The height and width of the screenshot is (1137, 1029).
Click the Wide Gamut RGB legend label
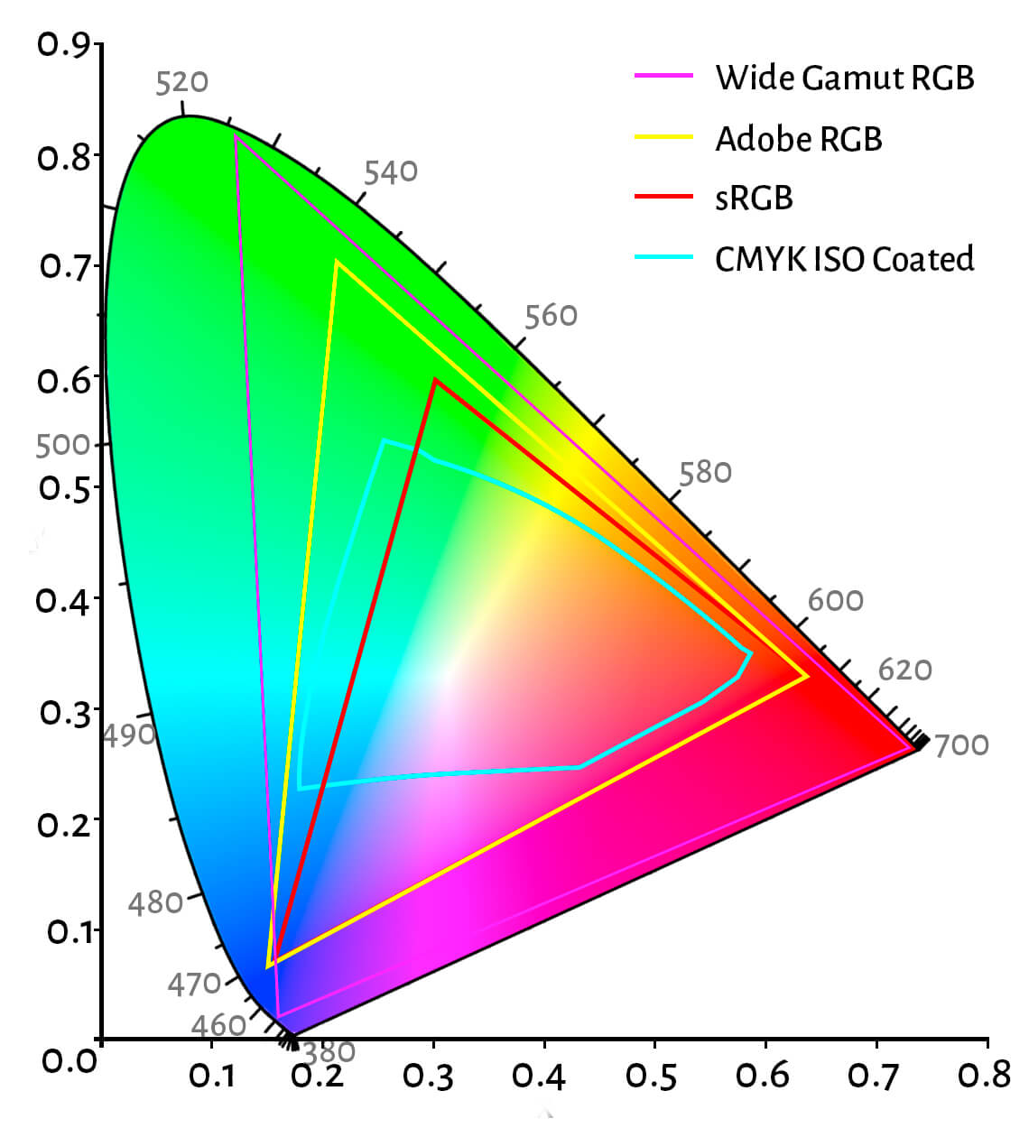[844, 78]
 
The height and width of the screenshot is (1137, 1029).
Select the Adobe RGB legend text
[798, 139]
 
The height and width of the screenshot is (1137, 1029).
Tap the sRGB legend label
[754, 198]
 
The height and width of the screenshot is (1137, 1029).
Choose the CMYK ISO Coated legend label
[844, 259]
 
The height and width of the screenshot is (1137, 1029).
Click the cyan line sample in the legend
[663, 257]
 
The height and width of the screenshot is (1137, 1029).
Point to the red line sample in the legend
[663, 196]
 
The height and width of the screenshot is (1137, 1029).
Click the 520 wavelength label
[181, 82]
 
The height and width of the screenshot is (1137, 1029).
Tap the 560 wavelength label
[551, 315]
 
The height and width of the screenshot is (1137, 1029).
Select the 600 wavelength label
[835, 600]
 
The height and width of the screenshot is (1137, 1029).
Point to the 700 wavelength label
[961, 745]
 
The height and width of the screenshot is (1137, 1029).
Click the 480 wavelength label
[155, 902]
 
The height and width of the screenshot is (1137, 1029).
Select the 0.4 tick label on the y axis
[63, 600]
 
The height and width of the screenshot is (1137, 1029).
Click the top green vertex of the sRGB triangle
[435, 380]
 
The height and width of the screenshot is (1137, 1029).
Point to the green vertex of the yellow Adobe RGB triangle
[336, 263]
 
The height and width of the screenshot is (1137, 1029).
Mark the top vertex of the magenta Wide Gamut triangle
[236, 136]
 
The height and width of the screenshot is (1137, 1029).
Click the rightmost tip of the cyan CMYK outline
[751, 652]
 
